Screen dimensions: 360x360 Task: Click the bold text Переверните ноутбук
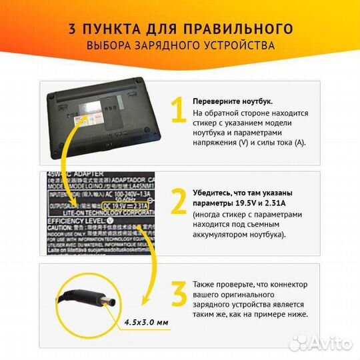point(232,101)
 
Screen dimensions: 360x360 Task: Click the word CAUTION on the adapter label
point(63,228)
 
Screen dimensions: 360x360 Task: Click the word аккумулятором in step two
point(223,235)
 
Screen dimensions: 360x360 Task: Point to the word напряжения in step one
point(213,143)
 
